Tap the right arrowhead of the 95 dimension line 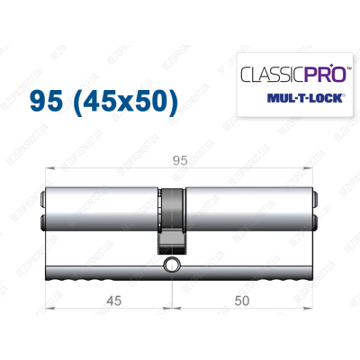click(x=316, y=171)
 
